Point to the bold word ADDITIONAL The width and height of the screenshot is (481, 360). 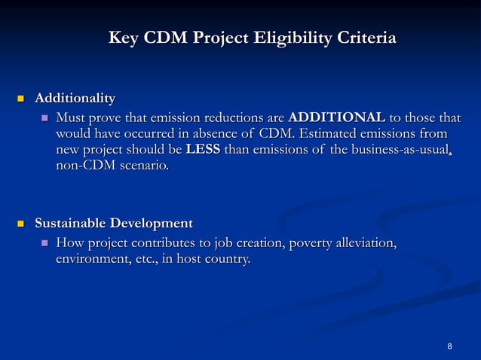point(336,118)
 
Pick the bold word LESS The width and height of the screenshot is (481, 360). point(203,149)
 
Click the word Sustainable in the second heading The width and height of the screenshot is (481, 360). point(71,224)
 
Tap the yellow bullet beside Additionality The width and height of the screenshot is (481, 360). point(21,99)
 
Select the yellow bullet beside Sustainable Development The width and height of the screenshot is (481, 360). point(21,224)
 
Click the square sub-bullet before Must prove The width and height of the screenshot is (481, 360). point(44,118)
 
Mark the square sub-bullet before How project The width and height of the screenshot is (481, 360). point(44,243)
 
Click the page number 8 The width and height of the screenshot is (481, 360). point(449,346)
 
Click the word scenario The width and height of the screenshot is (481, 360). point(143,165)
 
